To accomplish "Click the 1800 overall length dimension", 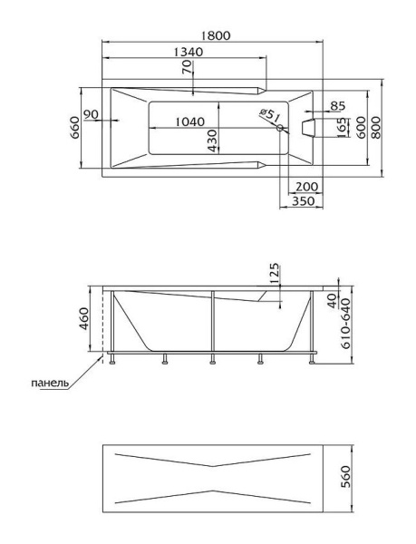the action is point(215,35).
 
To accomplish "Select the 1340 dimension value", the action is point(188,52).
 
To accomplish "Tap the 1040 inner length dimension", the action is point(190,121).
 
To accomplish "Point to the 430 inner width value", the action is point(212,141).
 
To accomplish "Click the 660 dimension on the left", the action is point(75,128).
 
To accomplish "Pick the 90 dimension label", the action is point(92,114).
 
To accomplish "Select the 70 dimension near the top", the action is point(187,67).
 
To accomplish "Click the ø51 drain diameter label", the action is point(270,115).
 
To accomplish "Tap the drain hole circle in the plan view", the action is point(279,128).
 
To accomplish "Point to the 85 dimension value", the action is point(338,106).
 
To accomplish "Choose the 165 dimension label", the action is point(343,127).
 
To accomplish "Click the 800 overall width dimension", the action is point(375,128).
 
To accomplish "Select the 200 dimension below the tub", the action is point(307,187).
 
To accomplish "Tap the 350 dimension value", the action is point(304,201).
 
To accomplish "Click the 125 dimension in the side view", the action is point(274,274).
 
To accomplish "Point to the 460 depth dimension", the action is point(84,318).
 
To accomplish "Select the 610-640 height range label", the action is point(346,324).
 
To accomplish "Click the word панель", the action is point(50,383).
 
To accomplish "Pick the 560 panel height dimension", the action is point(345,477).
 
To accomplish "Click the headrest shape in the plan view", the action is point(308,128).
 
